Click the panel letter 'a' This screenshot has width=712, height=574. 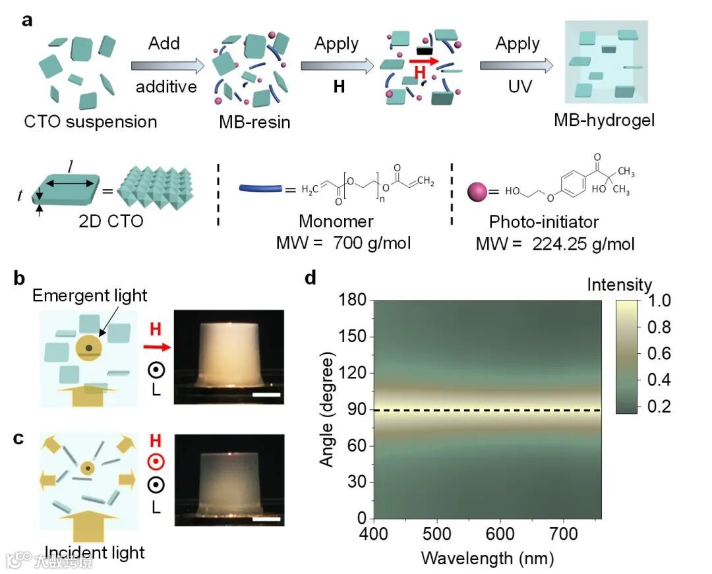tap(27, 20)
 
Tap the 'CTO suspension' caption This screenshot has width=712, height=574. tap(90, 122)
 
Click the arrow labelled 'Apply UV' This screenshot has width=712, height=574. tap(516, 66)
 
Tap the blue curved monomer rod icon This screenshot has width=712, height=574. tap(260, 192)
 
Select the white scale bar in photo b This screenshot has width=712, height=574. tap(266, 395)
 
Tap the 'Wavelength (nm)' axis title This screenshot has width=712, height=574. tap(487, 558)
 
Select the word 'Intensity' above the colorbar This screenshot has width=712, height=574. tap(619, 285)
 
